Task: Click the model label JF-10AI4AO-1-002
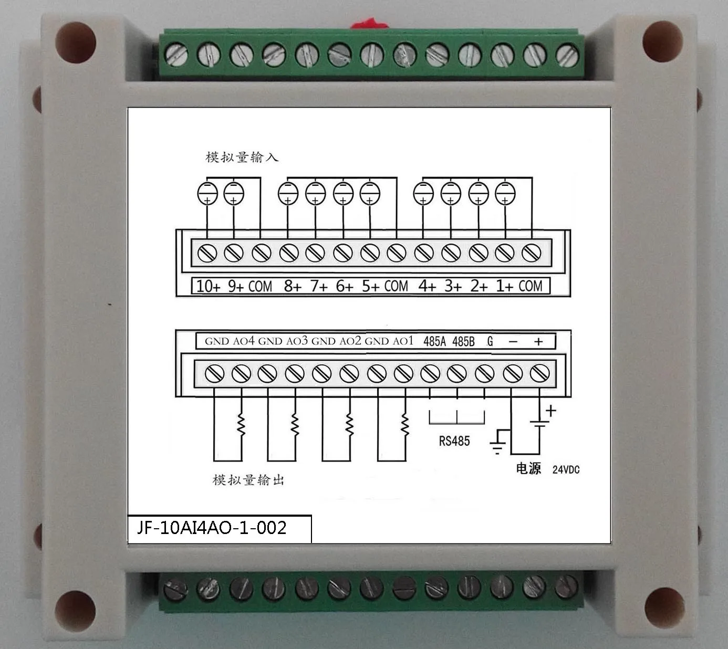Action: point(212,527)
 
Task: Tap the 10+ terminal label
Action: point(208,286)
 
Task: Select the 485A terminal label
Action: point(434,341)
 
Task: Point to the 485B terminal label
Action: point(463,341)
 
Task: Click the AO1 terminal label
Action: point(403,341)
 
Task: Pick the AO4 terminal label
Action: point(244,341)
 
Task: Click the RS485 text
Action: point(454,441)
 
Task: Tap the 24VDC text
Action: point(566,469)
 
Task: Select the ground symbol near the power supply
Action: point(498,442)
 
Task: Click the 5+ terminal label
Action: point(370,286)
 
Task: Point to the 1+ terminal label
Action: point(505,286)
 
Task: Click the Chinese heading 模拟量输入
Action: point(242,157)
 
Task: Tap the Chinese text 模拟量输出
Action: point(248,479)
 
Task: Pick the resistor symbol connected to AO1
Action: point(404,423)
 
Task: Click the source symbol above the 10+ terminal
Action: point(207,193)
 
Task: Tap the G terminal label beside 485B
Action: point(490,341)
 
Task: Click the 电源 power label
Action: point(528,468)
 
